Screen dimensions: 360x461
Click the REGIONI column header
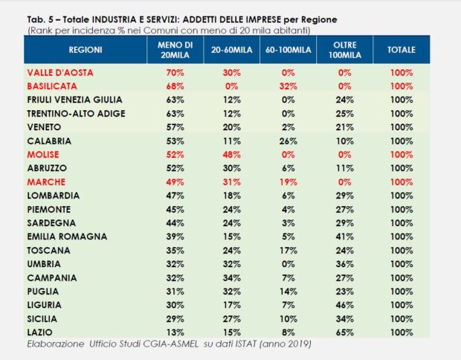pyautogui.click(x=86, y=50)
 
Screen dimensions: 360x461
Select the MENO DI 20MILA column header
pyautogui.click(x=175, y=50)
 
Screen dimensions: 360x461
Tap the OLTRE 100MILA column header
pyautogui.click(x=344, y=50)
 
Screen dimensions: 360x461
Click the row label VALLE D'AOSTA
pyautogui.click(x=57, y=72)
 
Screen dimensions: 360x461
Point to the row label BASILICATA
pyautogui.click(x=52, y=86)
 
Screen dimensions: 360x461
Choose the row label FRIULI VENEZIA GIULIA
pyautogui.click(x=74, y=99)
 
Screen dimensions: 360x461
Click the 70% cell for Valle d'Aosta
pyautogui.click(x=175, y=72)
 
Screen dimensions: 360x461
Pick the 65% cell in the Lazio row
pyautogui.click(x=344, y=332)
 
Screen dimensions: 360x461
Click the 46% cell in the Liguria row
pyautogui.click(x=344, y=304)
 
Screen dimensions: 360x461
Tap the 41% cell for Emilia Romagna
pyautogui.click(x=344, y=236)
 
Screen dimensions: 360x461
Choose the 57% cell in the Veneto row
pyautogui.click(x=175, y=126)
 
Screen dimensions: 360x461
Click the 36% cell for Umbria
pyautogui.click(x=344, y=263)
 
